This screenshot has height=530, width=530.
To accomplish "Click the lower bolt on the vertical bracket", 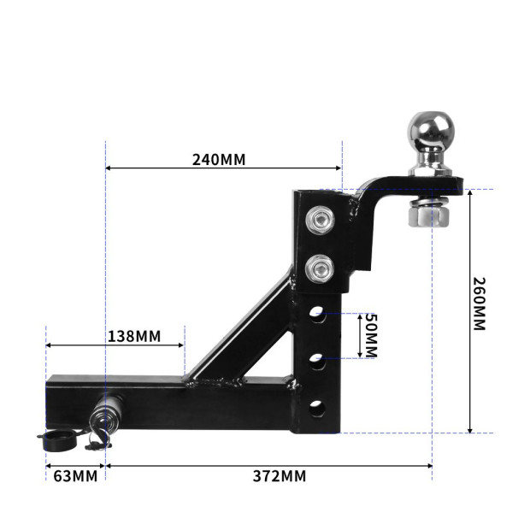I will [x=320, y=268].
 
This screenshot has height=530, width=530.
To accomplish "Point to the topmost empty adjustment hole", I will [x=317, y=315].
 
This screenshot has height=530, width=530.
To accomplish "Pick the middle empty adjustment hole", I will [x=317, y=361].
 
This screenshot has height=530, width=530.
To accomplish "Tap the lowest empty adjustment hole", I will [x=317, y=407].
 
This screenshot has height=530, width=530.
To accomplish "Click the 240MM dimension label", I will [x=218, y=160].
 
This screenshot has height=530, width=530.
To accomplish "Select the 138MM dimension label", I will [x=133, y=336].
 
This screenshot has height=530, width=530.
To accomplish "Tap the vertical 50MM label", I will [x=369, y=335].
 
